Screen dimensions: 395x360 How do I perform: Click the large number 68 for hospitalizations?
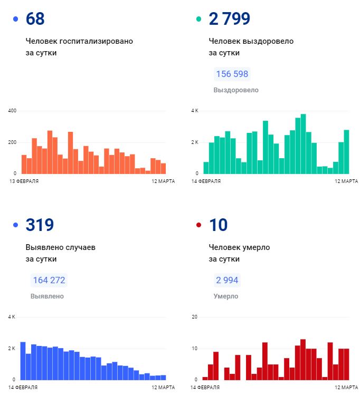(x=35, y=19)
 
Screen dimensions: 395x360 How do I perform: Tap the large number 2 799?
(x=229, y=19)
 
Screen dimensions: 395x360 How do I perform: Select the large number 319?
(x=40, y=225)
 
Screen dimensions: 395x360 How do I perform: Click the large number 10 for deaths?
(x=218, y=225)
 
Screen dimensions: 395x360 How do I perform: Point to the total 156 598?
(x=232, y=74)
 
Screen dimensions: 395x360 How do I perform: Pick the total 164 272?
(x=49, y=280)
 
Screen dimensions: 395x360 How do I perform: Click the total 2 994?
(x=227, y=280)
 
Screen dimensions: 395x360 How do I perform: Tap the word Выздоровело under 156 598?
(x=236, y=90)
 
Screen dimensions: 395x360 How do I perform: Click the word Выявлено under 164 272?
(x=47, y=296)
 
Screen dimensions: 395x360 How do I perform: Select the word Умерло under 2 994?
(x=225, y=296)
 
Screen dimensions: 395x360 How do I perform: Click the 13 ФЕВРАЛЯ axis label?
(x=24, y=181)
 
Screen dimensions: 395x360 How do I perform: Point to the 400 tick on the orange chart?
(x=12, y=111)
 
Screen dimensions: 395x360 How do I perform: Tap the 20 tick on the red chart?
(x=194, y=317)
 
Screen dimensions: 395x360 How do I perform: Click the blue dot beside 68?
(x=15, y=20)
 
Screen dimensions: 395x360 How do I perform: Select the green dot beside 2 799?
(x=199, y=20)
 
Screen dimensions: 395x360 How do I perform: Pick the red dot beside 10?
(x=199, y=225)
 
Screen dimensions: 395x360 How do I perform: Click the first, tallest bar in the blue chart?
(x=23, y=361)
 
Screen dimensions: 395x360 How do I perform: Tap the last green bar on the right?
(x=346, y=152)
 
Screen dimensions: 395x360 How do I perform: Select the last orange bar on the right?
(x=163, y=168)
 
